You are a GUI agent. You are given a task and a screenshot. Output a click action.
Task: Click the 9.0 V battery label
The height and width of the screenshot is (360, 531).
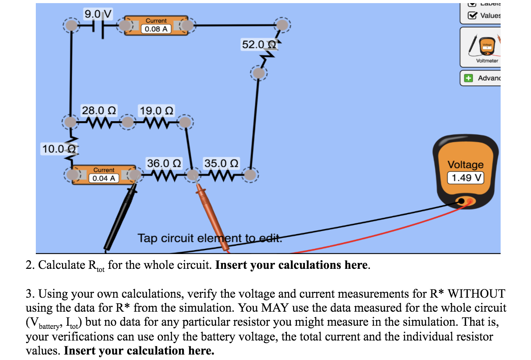98,14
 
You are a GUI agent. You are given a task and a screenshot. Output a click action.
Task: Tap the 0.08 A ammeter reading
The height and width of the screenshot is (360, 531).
156,29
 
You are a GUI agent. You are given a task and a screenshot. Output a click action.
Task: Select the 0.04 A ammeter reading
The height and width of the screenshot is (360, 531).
104,178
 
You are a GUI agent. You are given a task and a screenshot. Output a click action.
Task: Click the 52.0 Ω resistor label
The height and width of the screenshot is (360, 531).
259,44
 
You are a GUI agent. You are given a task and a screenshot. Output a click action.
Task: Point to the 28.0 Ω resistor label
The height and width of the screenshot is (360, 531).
98,111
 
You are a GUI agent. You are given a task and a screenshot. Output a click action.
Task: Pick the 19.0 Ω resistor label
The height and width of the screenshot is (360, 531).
156,111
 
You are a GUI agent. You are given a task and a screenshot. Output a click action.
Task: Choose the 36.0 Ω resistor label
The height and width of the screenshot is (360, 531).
164,163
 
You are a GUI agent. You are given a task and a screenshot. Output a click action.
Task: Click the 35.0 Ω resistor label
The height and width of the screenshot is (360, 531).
221,163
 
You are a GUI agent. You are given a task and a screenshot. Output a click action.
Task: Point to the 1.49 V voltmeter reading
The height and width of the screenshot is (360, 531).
466,178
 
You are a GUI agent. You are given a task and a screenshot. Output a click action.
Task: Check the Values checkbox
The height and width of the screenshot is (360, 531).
473,16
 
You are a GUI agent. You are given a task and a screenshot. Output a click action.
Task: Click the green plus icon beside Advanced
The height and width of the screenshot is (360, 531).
468,78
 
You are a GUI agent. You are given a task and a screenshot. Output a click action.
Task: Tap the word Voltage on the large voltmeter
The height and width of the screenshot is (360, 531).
466,165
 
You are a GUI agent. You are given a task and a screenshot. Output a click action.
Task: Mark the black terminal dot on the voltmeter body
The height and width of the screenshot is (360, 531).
461,201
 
